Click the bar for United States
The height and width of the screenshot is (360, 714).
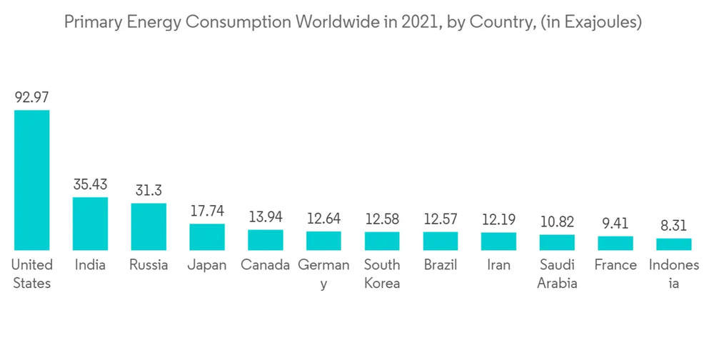(x=32, y=180)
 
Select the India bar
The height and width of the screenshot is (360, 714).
(x=90, y=224)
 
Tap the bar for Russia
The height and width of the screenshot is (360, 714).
(x=149, y=226)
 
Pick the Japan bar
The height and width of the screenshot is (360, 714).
(x=207, y=237)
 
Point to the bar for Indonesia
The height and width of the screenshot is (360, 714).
(x=674, y=244)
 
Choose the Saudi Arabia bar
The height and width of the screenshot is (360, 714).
(x=557, y=242)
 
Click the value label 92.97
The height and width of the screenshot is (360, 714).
(x=32, y=97)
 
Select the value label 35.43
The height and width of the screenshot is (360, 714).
(x=90, y=184)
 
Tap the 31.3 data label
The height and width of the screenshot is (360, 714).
(x=149, y=190)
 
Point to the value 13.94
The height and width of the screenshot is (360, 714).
(x=266, y=216)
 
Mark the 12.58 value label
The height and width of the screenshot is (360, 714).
(x=382, y=218)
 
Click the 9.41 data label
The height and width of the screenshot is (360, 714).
(x=615, y=223)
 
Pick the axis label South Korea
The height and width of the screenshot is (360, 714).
(x=382, y=274)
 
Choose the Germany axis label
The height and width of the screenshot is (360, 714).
(x=323, y=274)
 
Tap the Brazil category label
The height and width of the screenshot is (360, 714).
(x=440, y=265)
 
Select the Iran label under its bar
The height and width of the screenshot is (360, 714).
(x=498, y=265)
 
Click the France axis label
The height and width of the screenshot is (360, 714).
(x=615, y=265)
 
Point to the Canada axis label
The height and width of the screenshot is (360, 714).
(x=266, y=265)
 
